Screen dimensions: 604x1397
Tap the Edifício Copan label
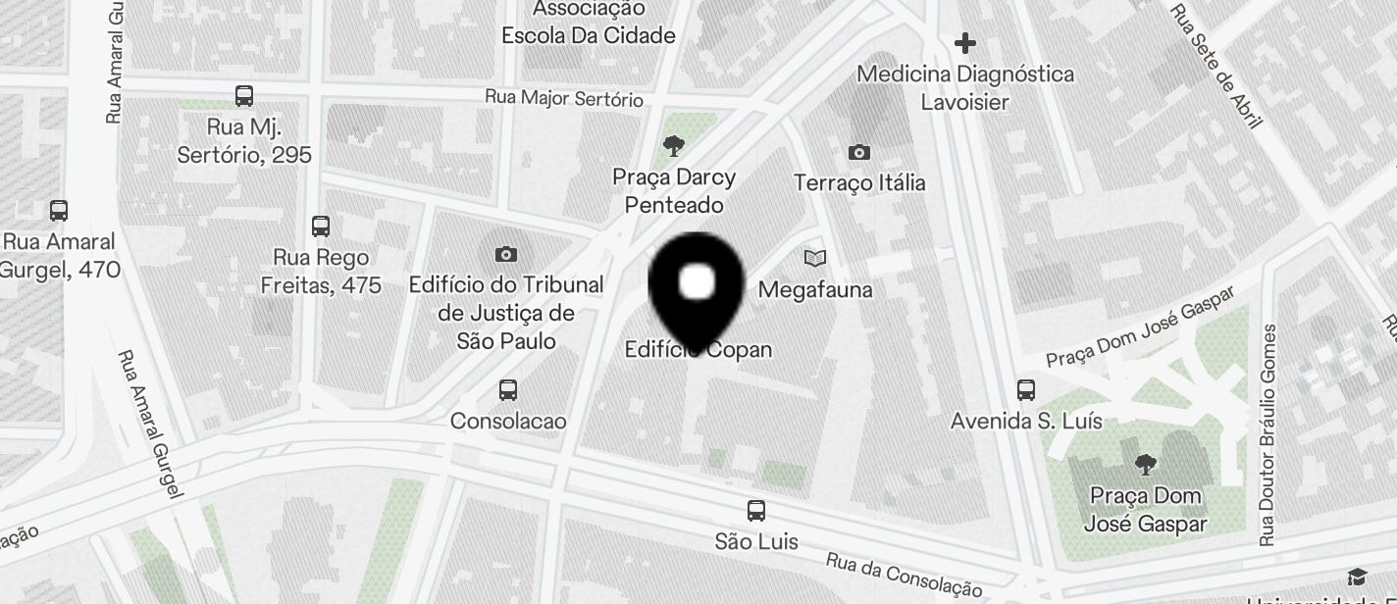pyautogui.click(x=698, y=350)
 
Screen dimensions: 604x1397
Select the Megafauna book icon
pyautogui.click(x=814, y=258)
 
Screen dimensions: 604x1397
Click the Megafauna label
pyautogui.click(x=815, y=290)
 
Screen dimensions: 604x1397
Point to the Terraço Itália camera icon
pyautogui.click(x=858, y=152)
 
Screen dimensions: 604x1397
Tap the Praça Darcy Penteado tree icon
pyautogui.click(x=673, y=147)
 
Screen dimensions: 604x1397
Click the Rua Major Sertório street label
pyautogui.click(x=564, y=99)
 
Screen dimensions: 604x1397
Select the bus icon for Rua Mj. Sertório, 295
pyautogui.click(x=244, y=96)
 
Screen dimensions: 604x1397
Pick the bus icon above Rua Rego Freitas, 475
pyautogui.click(x=321, y=226)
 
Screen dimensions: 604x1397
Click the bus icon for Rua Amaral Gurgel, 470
pyautogui.click(x=59, y=211)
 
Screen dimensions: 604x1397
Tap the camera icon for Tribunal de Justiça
pyautogui.click(x=506, y=255)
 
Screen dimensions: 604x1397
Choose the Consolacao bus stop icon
pyautogui.click(x=508, y=390)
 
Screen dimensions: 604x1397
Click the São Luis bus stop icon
pyautogui.click(x=755, y=511)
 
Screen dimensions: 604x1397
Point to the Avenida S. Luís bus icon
pyautogui.click(x=1026, y=390)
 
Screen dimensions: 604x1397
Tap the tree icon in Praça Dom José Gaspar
pyautogui.click(x=1145, y=464)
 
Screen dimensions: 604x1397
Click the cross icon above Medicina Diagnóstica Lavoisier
pyautogui.click(x=965, y=43)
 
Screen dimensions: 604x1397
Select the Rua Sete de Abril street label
pyautogui.click(x=1216, y=67)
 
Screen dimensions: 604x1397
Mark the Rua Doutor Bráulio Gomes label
pyautogui.click(x=1269, y=434)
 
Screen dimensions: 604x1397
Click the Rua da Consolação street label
pyautogui.click(x=904, y=575)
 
